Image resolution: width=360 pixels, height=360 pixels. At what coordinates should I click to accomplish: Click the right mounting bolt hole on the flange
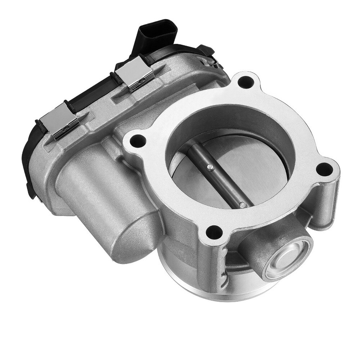click(324, 169)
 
